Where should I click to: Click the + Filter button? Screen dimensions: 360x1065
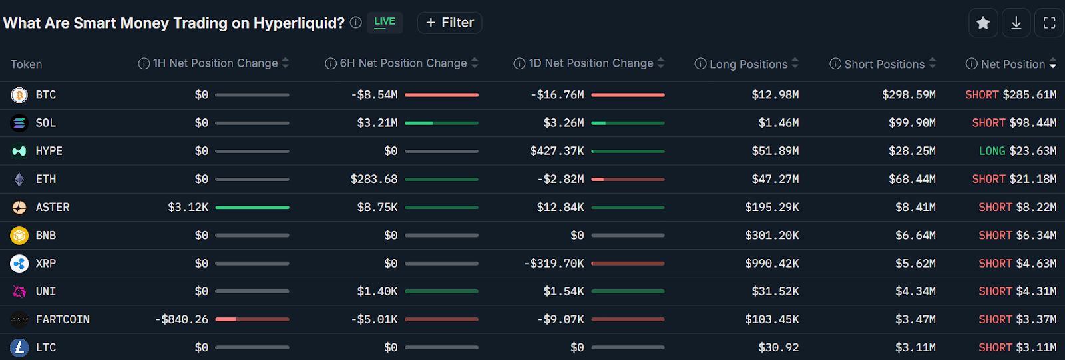click(449, 23)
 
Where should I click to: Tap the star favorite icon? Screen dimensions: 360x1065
click(983, 23)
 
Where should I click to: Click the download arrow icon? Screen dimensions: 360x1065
click(1016, 23)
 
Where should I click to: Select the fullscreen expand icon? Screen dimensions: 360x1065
click(1049, 23)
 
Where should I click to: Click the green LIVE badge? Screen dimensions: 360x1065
click(385, 22)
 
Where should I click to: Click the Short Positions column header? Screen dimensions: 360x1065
click(884, 64)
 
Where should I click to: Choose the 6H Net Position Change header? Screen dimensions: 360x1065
click(403, 63)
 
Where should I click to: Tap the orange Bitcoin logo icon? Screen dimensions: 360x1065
click(19, 95)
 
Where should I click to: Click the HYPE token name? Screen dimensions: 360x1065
click(49, 151)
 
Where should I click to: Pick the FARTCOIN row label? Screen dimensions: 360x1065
click(63, 319)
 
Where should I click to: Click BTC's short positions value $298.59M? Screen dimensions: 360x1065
click(909, 95)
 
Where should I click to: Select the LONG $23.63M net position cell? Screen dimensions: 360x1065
click(1017, 151)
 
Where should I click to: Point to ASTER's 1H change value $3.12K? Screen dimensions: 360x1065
click(188, 207)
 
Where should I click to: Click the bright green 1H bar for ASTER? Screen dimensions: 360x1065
click(252, 208)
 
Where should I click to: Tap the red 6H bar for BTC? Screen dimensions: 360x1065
click(441, 95)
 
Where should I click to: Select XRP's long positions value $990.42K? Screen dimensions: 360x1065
click(771, 264)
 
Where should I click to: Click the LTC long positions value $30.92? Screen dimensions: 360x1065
click(778, 347)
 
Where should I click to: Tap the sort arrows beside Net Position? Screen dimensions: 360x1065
click(1053, 64)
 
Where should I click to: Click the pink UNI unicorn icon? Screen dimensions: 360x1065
click(19, 291)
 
